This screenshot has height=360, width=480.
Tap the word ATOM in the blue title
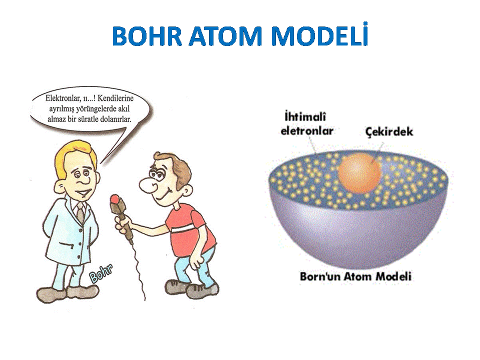(x=226, y=36)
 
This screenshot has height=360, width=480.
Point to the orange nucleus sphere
(x=359, y=173)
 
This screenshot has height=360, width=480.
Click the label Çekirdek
(x=389, y=131)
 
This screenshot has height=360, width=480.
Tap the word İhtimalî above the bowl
(x=305, y=116)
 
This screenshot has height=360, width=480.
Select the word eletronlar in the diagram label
(x=306, y=130)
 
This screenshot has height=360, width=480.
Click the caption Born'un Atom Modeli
(x=355, y=276)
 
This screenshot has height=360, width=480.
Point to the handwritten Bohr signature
(x=100, y=273)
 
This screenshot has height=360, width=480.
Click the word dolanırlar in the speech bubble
(x=115, y=119)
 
